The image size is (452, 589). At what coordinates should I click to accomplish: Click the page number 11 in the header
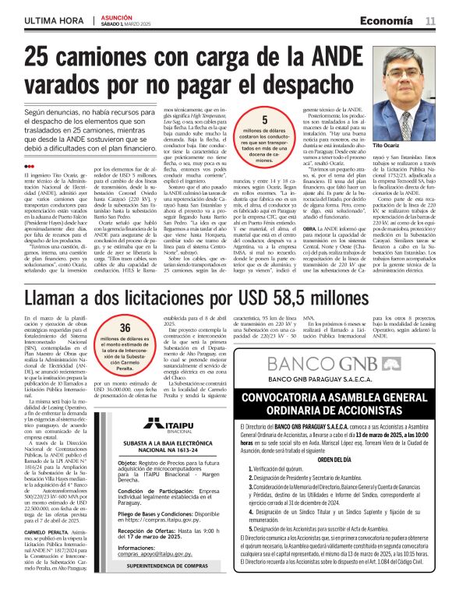tap(430, 20)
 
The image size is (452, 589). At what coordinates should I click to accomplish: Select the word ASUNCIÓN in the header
tap(115, 16)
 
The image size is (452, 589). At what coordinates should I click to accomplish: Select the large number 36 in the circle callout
tap(124, 327)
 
